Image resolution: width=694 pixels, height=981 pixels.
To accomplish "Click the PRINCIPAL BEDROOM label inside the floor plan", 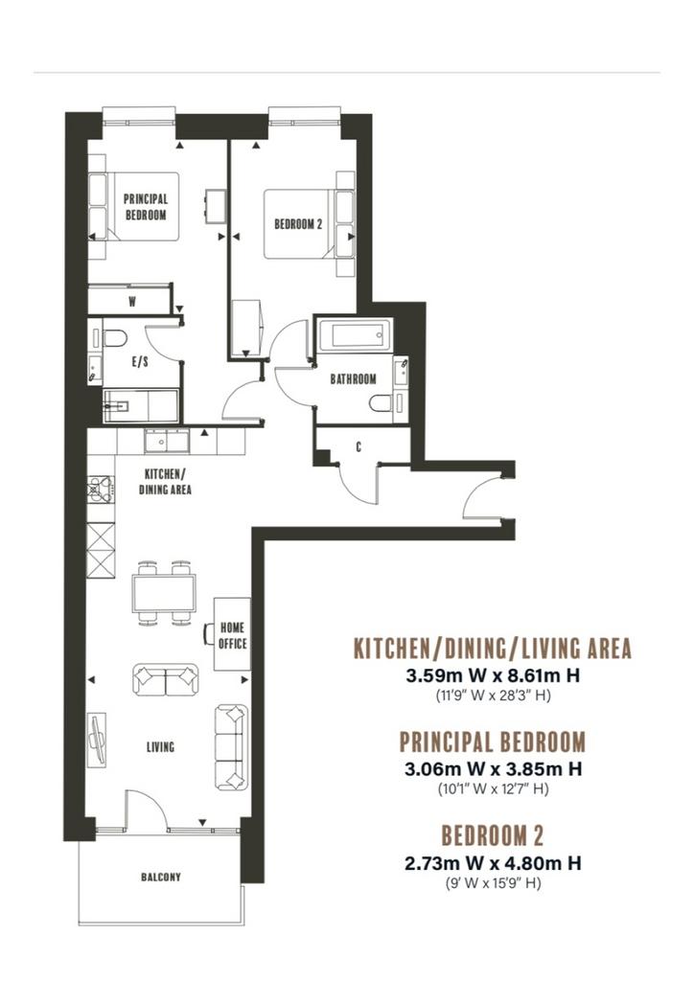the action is tap(145, 207).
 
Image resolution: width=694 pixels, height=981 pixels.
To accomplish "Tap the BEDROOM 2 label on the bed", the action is tap(298, 223).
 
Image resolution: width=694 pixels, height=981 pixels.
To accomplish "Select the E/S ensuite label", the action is tap(140, 361).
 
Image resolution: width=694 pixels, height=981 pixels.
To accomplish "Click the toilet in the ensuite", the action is tap(114, 338).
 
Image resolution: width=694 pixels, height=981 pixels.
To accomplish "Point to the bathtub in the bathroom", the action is tap(355, 335).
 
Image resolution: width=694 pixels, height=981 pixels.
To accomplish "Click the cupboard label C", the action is tap(359, 446).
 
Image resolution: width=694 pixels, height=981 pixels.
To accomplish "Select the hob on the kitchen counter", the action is tap(100, 489).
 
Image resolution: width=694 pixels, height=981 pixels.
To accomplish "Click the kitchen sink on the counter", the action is tap(167, 442).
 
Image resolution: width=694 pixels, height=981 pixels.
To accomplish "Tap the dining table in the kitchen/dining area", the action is tap(163, 594).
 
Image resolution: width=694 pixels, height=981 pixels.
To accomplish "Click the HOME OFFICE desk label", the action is tap(232, 636).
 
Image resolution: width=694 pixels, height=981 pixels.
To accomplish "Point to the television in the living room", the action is tap(97, 741).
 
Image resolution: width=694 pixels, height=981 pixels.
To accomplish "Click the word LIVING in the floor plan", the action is tap(160, 747).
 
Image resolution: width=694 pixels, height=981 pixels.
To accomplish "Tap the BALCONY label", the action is tap(161, 878).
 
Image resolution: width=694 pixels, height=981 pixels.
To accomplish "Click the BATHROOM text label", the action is tap(354, 379).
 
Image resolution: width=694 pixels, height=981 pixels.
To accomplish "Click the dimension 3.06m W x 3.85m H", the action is tap(493, 769).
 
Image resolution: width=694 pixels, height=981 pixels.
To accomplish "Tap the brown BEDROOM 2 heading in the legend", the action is tap(493, 835).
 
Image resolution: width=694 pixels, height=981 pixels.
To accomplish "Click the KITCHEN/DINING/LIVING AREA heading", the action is tap(493, 649).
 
